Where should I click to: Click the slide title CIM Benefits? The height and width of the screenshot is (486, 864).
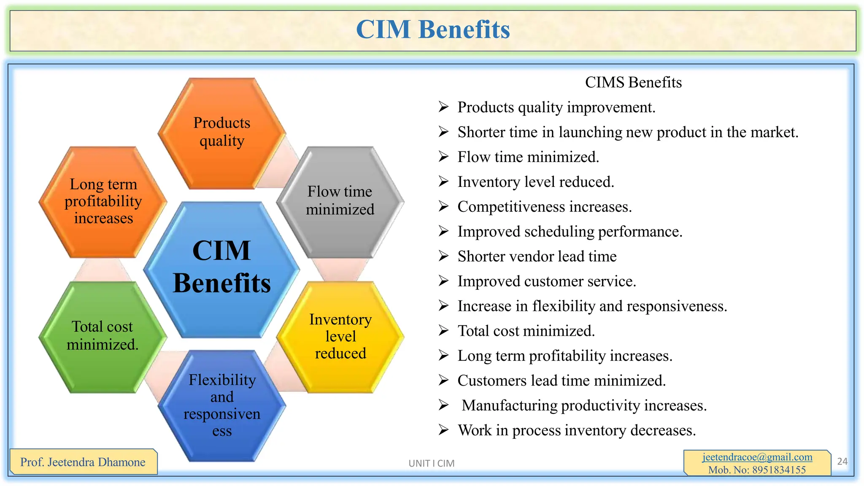click(x=433, y=30)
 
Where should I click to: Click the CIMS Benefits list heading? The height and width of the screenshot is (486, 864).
click(x=633, y=82)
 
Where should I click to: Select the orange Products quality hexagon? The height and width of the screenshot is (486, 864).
click(x=222, y=132)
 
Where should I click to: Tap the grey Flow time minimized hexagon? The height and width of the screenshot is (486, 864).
click(x=340, y=201)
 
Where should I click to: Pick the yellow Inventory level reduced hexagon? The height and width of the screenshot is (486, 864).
click(x=340, y=337)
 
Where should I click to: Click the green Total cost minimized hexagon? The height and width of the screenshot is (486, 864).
click(x=103, y=336)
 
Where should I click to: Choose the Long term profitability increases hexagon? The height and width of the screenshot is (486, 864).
click(x=103, y=202)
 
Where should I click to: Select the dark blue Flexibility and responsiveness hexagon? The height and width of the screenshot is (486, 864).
click(x=222, y=405)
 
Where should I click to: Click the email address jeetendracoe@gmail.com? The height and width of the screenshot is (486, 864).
click(x=757, y=457)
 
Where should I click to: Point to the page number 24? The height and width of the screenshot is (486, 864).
click(x=842, y=462)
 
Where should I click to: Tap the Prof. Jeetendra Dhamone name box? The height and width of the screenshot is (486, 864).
click(x=83, y=462)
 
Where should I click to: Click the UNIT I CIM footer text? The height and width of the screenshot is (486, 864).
click(x=431, y=463)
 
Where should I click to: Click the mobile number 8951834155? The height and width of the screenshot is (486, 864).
click(x=779, y=470)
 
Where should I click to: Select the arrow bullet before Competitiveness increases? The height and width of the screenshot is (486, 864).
click(x=443, y=206)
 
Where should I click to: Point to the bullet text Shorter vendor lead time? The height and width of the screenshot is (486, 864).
click(x=537, y=256)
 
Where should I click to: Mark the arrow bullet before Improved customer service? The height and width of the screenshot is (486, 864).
click(x=443, y=281)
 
